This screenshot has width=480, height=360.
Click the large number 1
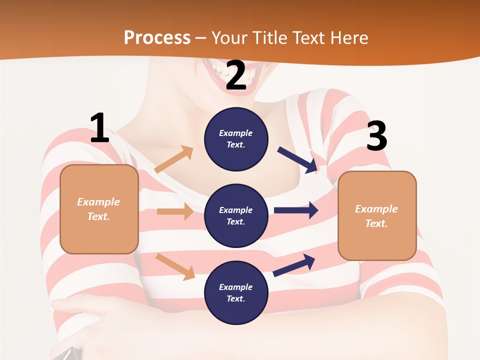[99, 128]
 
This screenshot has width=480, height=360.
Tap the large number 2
[236, 75]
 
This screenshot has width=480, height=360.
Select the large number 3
[376, 136]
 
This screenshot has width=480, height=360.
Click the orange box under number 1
[99, 208]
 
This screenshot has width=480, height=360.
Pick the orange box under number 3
[377, 215]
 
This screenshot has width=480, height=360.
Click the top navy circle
[236, 139]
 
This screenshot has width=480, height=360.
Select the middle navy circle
[236, 215]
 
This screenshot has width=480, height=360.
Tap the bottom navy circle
[236, 292]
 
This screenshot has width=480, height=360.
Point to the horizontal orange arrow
[175, 211]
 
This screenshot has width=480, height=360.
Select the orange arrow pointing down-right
[175, 266]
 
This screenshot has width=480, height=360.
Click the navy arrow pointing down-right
[297, 160]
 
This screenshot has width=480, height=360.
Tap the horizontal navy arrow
[295, 210]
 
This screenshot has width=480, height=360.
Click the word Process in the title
[157, 37]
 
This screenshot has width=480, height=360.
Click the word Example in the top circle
[235, 133]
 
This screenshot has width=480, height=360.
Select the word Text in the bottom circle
[235, 298]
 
